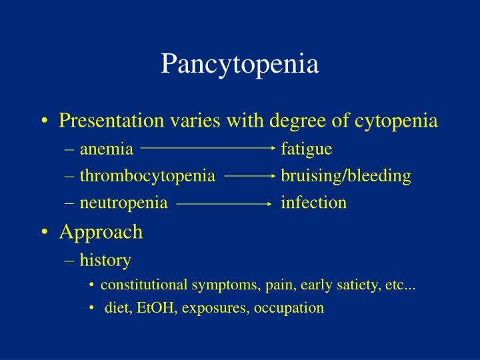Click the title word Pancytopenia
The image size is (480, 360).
pyautogui.click(x=240, y=65)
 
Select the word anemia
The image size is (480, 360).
pyautogui.click(x=107, y=149)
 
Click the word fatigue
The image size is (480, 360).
pyautogui.click(x=306, y=149)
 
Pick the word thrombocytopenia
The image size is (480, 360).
pyautogui.click(x=147, y=176)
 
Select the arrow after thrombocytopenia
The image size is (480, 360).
pyautogui.click(x=250, y=176)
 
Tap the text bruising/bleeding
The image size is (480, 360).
pyautogui.click(x=346, y=176)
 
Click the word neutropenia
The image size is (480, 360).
pyautogui.click(x=123, y=203)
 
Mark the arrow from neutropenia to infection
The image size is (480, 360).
pyautogui.click(x=224, y=203)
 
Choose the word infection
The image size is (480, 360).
pyautogui.click(x=313, y=203)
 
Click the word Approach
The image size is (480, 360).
pyautogui.click(x=101, y=232)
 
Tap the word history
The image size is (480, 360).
pyautogui.click(x=105, y=260)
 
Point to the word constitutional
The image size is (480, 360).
pyautogui.click(x=144, y=285)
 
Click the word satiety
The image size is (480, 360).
pyautogui.click(x=359, y=285)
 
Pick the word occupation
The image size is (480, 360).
pyautogui.click(x=293, y=308)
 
